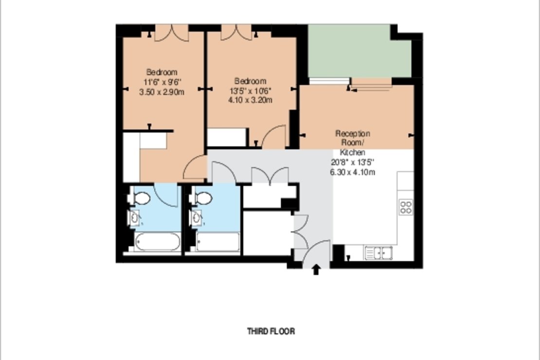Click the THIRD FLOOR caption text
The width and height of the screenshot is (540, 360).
click(x=271, y=332)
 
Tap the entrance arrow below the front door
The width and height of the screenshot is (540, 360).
click(x=316, y=270)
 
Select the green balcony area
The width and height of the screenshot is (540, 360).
click(x=360, y=51)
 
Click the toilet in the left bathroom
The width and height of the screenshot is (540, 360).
click(x=141, y=198)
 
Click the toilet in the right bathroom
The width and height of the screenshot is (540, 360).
click(x=202, y=198)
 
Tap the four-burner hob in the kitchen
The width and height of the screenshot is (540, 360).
click(x=406, y=207)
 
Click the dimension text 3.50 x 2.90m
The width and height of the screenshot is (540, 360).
click(x=162, y=91)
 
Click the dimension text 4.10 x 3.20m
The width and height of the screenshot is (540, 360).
click(x=250, y=100)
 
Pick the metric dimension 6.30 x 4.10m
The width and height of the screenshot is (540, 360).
click(x=353, y=172)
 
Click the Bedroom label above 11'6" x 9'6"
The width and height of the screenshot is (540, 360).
click(x=162, y=72)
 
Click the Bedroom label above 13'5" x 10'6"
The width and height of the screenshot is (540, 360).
click(x=250, y=81)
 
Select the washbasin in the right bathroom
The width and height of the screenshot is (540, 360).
click(x=197, y=217)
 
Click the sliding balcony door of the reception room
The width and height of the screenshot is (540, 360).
click(x=371, y=86)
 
